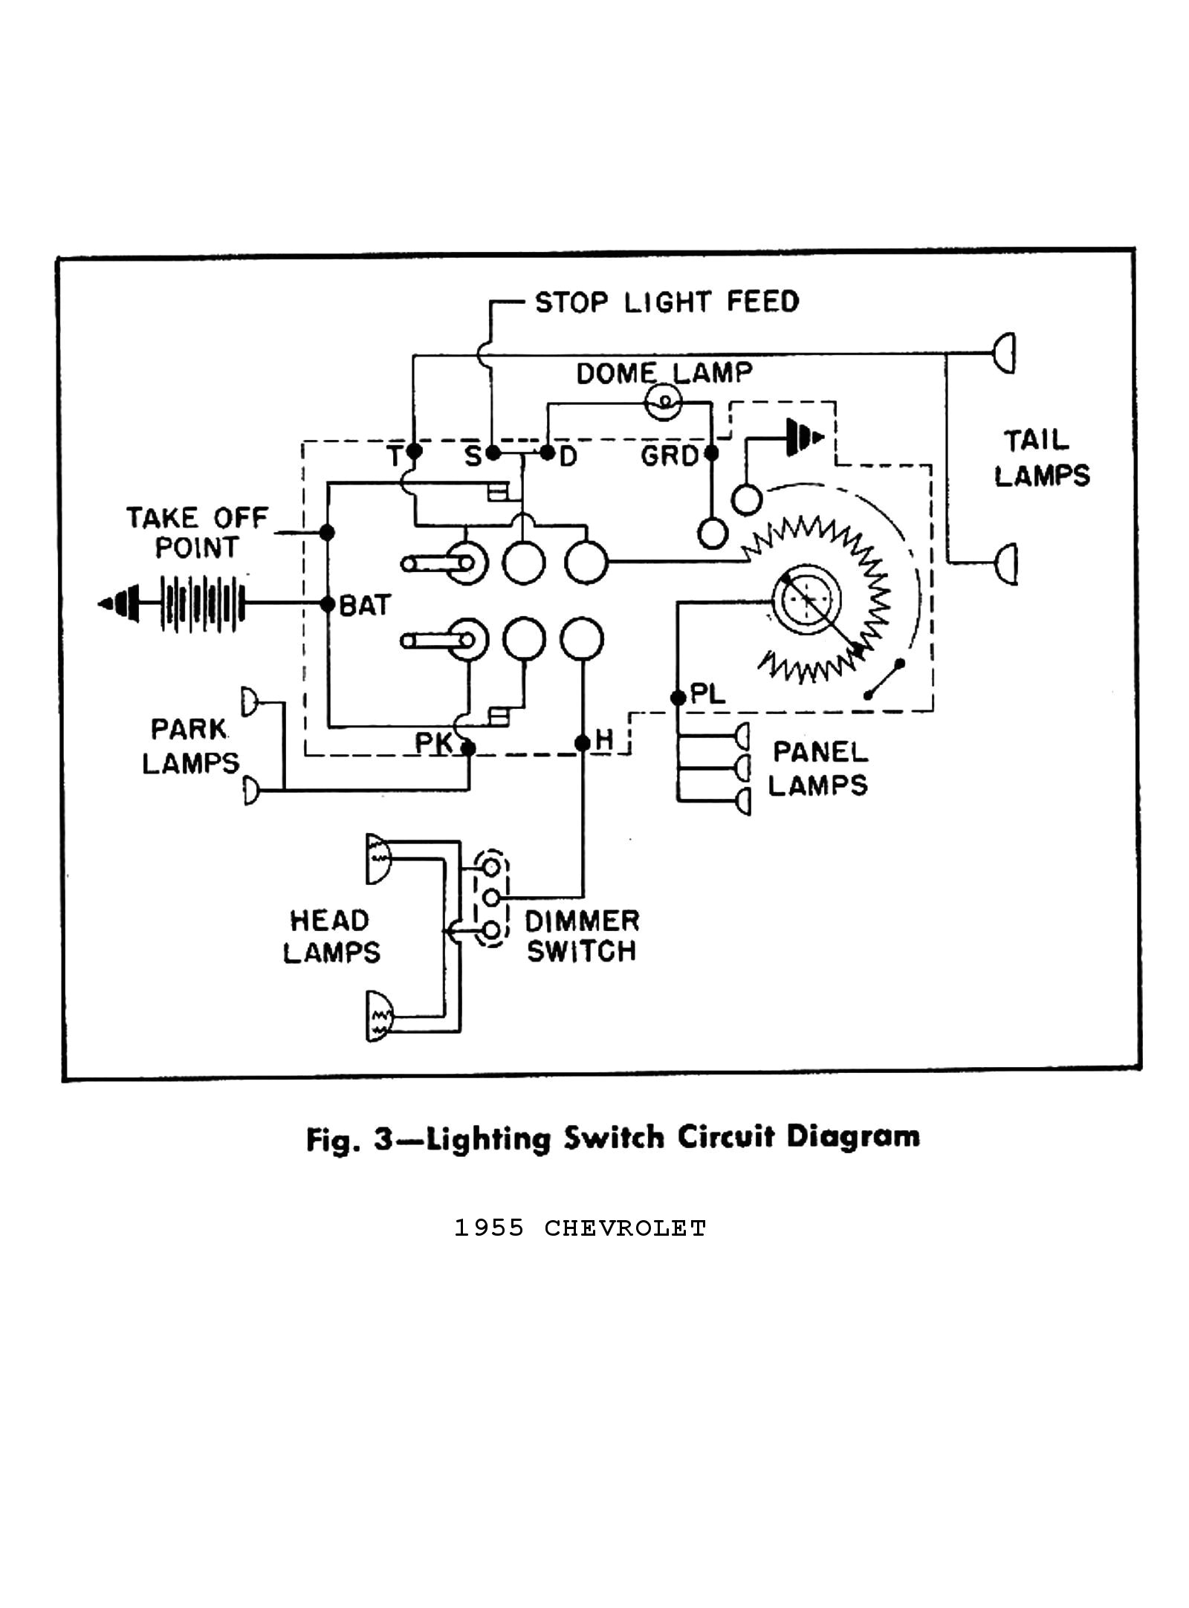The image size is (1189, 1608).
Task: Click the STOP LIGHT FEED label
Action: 667,302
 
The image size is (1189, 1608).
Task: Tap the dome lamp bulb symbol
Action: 664,402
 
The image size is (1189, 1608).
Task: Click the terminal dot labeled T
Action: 415,451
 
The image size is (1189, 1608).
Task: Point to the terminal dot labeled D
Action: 548,451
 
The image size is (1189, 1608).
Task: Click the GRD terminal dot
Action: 711,452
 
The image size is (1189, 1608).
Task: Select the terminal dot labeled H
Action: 583,742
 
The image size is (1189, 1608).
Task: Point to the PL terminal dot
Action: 677,697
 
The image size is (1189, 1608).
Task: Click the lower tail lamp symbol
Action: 1007,564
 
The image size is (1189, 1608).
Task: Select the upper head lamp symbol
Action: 378,858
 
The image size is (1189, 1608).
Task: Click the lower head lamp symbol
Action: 378,1017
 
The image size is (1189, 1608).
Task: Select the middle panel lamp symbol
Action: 742,767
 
